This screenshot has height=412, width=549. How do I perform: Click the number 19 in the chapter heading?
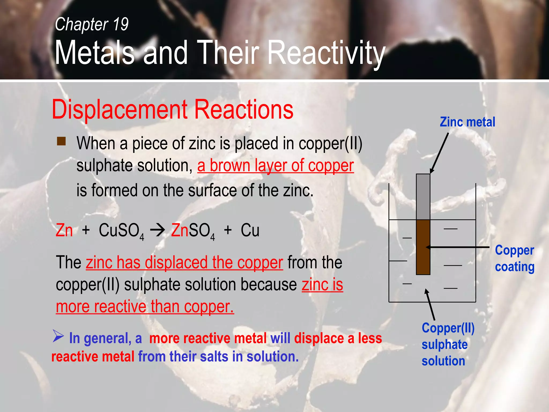click(121, 24)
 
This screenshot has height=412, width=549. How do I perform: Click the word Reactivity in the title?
click(327, 53)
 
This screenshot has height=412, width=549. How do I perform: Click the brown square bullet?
click(61, 141)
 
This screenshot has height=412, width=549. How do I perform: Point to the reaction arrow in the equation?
click(157, 230)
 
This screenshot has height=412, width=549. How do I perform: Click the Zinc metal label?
click(467, 122)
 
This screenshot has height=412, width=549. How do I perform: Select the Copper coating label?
click(514, 258)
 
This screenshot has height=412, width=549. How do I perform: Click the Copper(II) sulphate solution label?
click(448, 344)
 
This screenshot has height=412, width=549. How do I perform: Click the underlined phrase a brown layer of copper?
click(276, 165)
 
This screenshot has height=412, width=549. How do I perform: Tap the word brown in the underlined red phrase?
click(230, 165)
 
